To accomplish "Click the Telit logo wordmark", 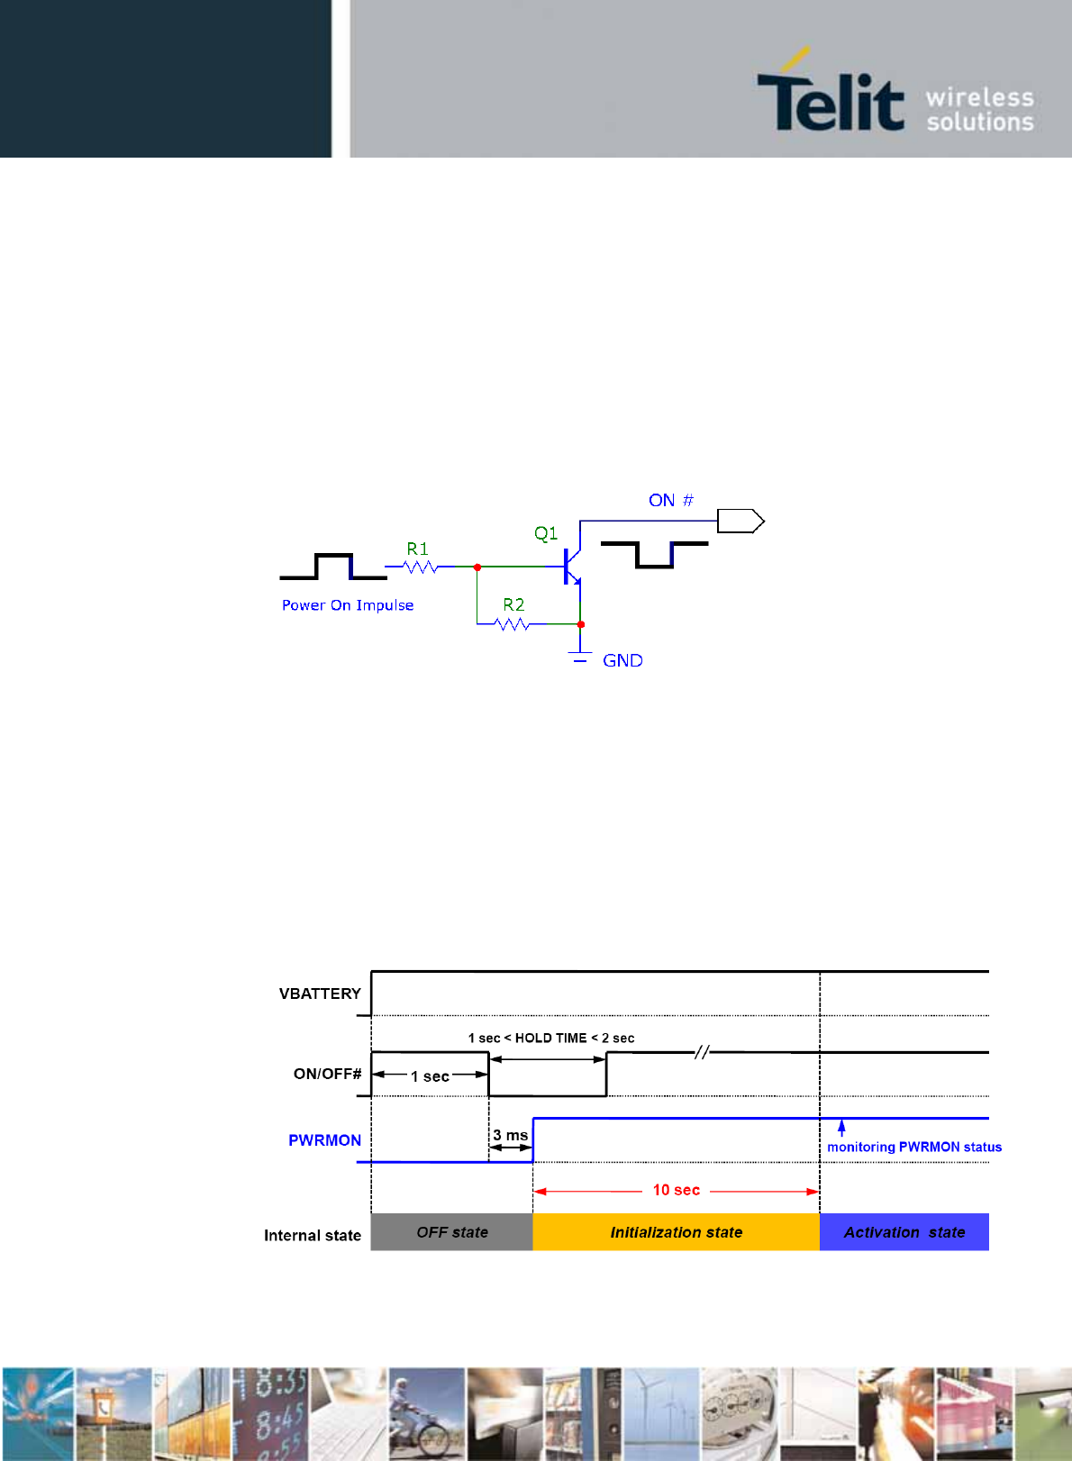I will click(x=830, y=101).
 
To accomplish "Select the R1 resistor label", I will click(x=417, y=549).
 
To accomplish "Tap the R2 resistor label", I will click(x=513, y=604).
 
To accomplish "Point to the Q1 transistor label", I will click(x=546, y=533).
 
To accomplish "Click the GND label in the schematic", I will click(x=622, y=660).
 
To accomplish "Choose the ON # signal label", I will click(x=671, y=500).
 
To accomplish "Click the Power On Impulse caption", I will click(x=348, y=605).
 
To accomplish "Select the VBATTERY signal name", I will click(x=320, y=994).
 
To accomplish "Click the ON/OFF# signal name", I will click(x=327, y=1074).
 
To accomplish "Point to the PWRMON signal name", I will click(x=324, y=1140).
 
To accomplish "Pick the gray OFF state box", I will click(x=451, y=1232).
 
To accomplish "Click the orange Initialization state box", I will click(x=676, y=1232).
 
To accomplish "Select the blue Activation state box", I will click(x=904, y=1232).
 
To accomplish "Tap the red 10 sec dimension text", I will click(x=676, y=1190).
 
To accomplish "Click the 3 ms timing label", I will click(x=510, y=1135).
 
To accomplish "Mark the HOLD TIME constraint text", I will click(x=550, y=1038).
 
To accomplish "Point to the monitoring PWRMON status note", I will click(x=913, y=1147).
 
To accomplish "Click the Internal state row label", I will click(x=312, y=1235).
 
